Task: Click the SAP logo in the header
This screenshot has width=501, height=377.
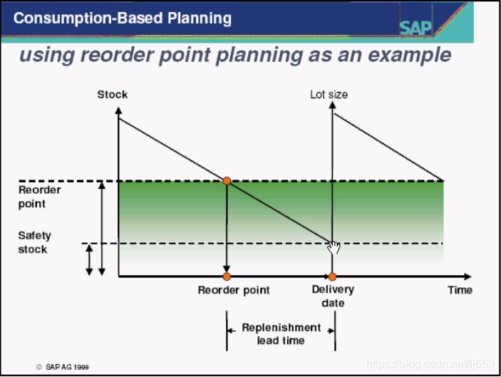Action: pyautogui.click(x=415, y=28)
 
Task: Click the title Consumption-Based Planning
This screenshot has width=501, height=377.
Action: pyautogui.click(x=122, y=18)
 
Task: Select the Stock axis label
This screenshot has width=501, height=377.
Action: pyautogui.click(x=113, y=94)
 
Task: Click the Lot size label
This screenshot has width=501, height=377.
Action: pyautogui.click(x=329, y=94)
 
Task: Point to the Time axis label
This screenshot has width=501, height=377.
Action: pyautogui.click(x=460, y=290)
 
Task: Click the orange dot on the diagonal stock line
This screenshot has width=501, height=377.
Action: pyautogui.click(x=227, y=181)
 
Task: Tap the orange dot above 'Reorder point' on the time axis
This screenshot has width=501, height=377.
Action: pyautogui.click(x=227, y=277)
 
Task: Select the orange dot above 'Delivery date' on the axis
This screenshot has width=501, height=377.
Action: pyautogui.click(x=332, y=277)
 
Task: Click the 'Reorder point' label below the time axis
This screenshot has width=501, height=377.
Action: pyautogui.click(x=234, y=290)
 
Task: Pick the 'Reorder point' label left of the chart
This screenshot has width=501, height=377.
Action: pyautogui.click(x=40, y=197)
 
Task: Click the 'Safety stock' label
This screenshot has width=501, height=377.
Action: pyautogui.click(x=33, y=242)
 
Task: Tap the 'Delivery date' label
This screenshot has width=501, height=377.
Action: pyautogui.click(x=333, y=296)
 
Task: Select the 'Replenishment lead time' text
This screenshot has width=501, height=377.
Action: pyautogui.click(x=281, y=334)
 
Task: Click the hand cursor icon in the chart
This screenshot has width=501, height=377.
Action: pyautogui.click(x=334, y=248)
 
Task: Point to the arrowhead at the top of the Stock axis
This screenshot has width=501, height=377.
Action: pyautogui.click(x=118, y=110)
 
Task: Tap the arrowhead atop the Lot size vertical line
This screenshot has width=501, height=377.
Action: pyautogui.click(x=332, y=105)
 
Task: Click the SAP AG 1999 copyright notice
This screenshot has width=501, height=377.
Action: pyautogui.click(x=63, y=367)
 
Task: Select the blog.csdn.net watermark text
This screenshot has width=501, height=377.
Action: pyautogui.click(x=430, y=364)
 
